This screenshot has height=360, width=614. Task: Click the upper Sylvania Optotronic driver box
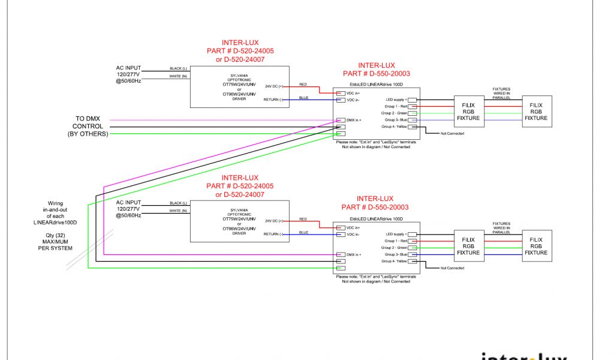(239, 86)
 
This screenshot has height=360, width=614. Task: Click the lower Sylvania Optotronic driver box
(239, 221)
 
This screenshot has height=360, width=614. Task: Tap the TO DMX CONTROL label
(88, 127)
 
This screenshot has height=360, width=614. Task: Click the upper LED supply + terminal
(412, 100)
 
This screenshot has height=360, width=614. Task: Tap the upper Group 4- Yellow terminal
(412, 127)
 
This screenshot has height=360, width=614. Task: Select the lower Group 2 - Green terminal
(412, 247)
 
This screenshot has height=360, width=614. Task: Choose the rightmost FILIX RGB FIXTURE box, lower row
(536, 245)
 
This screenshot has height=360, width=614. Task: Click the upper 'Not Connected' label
(452, 133)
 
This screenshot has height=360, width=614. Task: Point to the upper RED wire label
(303, 85)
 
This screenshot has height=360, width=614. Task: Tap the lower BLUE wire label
(303, 232)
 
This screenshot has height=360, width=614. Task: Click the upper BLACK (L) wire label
(179, 68)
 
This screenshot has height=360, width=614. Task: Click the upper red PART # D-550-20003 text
(375, 74)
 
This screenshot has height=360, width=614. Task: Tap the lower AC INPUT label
(128, 202)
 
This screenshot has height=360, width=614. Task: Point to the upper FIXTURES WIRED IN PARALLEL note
(501, 92)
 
